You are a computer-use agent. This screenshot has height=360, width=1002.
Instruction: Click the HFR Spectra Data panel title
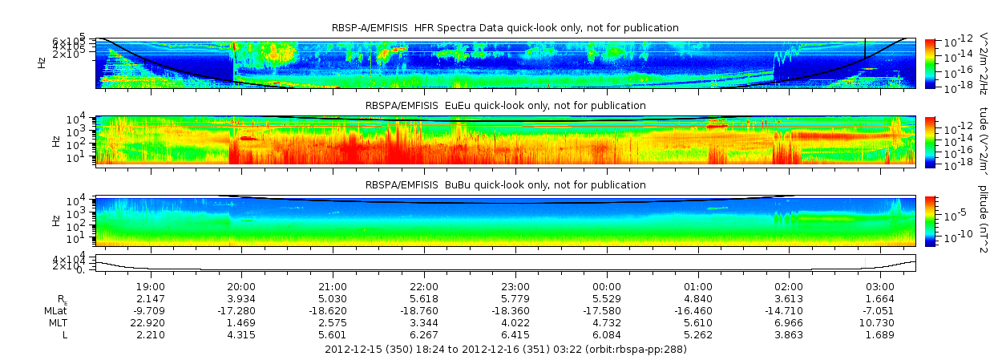point(505,28)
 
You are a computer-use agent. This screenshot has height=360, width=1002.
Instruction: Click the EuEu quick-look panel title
point(505,106)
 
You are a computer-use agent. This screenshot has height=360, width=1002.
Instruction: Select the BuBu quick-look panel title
point(505,184)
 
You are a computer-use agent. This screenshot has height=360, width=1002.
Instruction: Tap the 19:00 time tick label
point(151,286)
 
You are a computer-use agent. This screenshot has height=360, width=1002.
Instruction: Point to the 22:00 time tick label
point(424,286)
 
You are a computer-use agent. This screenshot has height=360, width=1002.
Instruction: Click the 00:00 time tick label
point(607,286)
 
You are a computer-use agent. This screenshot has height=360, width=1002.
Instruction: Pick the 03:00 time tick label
point(880,286)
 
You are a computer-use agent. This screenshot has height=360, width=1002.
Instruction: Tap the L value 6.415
point(515,334)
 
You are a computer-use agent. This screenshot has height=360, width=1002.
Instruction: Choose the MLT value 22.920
point(151,322)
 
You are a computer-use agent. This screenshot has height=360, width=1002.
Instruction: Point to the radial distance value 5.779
point(515,298)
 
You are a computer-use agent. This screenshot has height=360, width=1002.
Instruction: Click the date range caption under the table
point(505,350)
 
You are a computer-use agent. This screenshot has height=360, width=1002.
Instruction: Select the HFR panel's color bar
point(931,63)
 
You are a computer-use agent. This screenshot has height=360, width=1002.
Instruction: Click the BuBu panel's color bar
point(931,220)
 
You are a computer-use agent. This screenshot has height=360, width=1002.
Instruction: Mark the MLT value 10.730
point(880,322)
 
